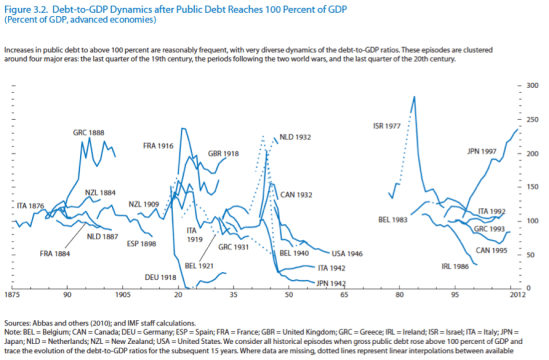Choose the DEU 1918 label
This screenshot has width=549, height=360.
click(160, 277)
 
